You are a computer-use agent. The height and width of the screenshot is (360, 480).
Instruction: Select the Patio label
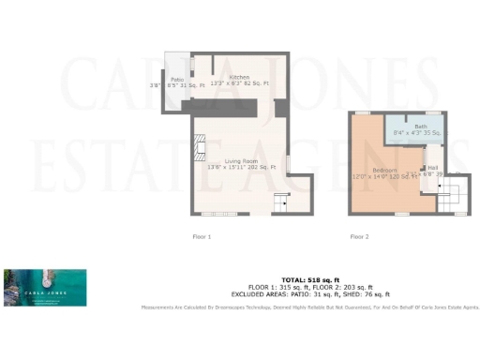176,79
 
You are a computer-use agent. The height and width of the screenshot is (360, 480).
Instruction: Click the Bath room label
421,126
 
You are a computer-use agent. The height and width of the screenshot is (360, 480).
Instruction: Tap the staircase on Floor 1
278,202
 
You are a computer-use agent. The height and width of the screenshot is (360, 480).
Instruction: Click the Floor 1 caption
202,236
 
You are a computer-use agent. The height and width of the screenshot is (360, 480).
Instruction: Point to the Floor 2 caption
359,236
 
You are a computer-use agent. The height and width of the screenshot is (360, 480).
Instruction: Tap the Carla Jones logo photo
45,287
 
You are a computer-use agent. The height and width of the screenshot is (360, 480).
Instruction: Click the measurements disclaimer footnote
310,307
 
